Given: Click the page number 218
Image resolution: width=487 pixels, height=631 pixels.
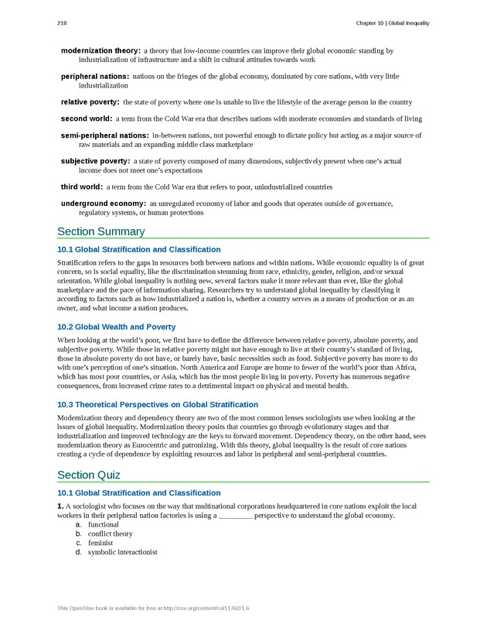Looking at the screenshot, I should [x=62, y=23].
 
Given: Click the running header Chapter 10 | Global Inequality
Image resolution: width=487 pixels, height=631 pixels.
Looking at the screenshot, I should [x=392, y=23].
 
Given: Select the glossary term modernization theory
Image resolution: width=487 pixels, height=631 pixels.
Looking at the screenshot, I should [x=100, y=51].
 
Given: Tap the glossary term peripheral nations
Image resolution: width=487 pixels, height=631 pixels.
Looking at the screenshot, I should [x=95, y=77].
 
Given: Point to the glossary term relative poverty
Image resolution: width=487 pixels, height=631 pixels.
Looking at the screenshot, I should [x=90, y=102].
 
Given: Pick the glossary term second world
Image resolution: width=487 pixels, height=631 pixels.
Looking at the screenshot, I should [x=87, y=118].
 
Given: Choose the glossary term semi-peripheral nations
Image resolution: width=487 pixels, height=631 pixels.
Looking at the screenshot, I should [x=105, y=135].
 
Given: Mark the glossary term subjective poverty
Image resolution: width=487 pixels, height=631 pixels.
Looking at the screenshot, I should [x=96, y=161].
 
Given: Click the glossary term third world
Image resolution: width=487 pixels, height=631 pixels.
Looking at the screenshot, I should [x=81, y=187].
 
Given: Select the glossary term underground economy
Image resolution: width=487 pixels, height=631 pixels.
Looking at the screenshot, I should [x=104, y=204].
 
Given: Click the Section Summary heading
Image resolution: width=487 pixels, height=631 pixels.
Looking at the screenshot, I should [x=100, y=231].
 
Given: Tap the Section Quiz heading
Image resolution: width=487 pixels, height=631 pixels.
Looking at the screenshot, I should [x=88, y=475].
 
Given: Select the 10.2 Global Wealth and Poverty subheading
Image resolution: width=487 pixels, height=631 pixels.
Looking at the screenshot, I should [x=116, y=327].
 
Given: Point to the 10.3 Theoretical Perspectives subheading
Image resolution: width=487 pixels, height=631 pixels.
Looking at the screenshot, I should [x=158, y=404].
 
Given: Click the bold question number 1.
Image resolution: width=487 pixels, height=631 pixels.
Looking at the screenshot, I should [x=60, y=506].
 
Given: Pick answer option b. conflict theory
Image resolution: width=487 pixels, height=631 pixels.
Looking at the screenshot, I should [x=110, y=534].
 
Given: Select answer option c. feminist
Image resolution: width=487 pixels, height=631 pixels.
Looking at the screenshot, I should [x=100, y=544].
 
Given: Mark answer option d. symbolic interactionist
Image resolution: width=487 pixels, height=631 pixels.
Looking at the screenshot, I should [x=122, y=553].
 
